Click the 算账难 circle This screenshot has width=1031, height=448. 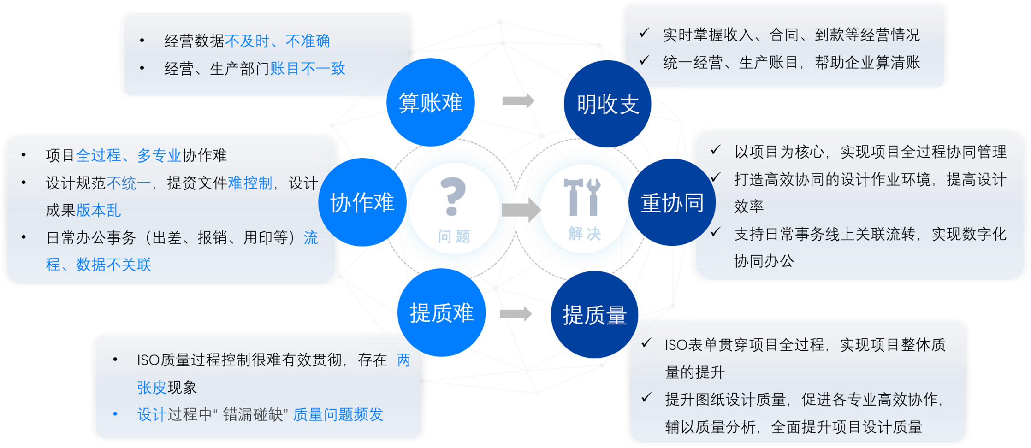coord(430,102)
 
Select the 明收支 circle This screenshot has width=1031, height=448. coord(608,104)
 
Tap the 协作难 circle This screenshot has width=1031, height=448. coord(362,202)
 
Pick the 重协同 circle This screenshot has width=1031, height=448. coord(672,202)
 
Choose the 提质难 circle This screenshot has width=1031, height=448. coord(441,312)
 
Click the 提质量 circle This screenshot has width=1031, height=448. coord(594,315)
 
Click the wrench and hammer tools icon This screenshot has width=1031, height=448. coord(582,197)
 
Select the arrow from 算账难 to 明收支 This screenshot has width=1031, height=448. coord(518,100)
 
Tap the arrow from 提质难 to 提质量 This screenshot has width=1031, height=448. coord(515,314)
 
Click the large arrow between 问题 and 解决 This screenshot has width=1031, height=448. coord(521,210)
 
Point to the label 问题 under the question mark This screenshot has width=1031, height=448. coord(454,236)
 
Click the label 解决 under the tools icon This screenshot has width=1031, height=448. coord(584,234)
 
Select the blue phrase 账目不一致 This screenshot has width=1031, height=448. coord(308,69)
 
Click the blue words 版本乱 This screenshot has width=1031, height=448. coord(99,210)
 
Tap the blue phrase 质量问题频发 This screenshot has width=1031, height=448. coord(338,414)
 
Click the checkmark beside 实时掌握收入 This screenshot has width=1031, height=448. coord(644,33)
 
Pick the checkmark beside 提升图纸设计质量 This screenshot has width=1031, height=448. coord(646,398)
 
